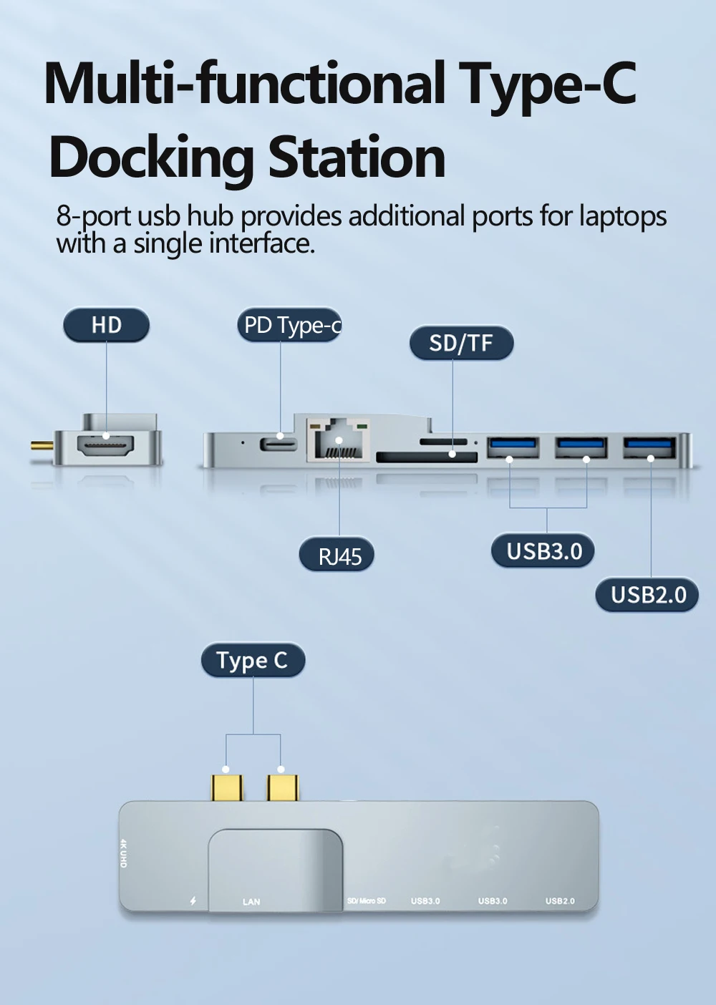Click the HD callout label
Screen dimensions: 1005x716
tap(106, 326)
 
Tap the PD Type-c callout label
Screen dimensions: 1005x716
tap(290, 326)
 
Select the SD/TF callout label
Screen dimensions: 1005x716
tap(461, 344)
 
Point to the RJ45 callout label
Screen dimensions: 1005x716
tap(337, 555)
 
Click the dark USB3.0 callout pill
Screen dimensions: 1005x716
tap(543, 551)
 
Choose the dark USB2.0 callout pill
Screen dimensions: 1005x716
tap(647, 595)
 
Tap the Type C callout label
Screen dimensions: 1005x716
tap(252, 661)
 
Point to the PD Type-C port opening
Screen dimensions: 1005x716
tap(280, 442)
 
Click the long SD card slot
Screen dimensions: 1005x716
tap(426, 457)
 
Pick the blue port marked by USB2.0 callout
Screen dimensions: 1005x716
tap(649, 448)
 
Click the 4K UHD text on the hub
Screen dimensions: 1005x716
tap(124, 853)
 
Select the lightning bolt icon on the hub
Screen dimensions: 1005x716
tap(193, 901)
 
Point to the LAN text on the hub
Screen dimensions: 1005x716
tap(251, 902)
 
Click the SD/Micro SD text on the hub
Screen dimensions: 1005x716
tap(367, 900)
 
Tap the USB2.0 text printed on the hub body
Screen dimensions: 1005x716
tap(560, 900)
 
